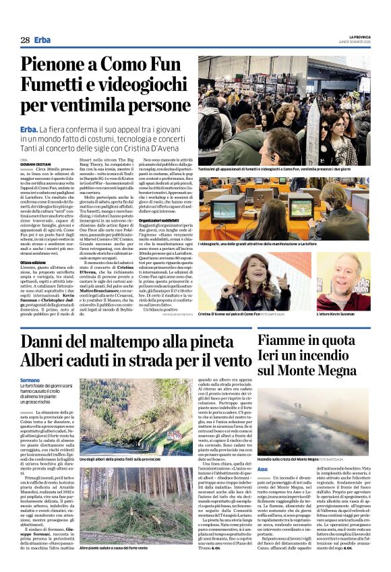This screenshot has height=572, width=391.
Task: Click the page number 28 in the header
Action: pyautogui.click(x=25, y=40)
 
